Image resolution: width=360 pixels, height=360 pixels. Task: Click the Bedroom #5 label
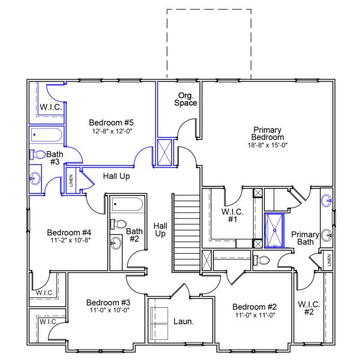[111, 122]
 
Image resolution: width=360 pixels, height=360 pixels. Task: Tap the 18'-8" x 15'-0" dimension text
[268, 145]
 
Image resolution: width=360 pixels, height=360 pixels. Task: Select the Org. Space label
[186, 99]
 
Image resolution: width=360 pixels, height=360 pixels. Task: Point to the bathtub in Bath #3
[47, 134]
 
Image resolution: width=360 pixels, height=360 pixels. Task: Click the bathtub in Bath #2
[126, 204]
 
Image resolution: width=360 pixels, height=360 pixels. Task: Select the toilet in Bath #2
[119, 224]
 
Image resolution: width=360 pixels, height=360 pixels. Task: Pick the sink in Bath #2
[115, 243]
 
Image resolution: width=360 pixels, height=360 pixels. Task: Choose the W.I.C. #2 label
[309, 308]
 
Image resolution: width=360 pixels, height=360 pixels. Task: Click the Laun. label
[184, 322]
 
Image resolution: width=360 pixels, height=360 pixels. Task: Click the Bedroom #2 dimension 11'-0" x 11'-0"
[254, 315]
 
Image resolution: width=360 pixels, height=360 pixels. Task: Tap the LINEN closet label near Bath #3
[71, 179]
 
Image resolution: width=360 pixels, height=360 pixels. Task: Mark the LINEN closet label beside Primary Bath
[328, 260]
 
